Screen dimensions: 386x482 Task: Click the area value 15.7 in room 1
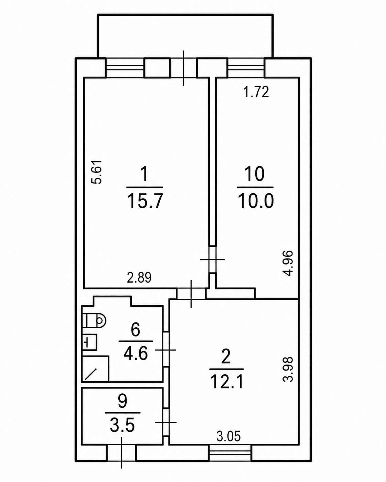pos(145,201)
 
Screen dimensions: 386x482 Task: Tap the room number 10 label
pos(255,174)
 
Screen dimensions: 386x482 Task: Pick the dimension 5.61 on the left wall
pos(97,172)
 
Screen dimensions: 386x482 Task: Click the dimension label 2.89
pos(139,278)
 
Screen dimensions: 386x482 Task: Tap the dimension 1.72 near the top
pos(256,92)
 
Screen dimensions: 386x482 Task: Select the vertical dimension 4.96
pos(288,263)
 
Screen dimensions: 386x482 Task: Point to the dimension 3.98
pos(288,369)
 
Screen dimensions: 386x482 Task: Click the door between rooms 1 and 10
pos(212,260)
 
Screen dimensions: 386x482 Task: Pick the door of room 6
pos(166,350)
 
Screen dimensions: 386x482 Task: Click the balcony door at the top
pos(183,68)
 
